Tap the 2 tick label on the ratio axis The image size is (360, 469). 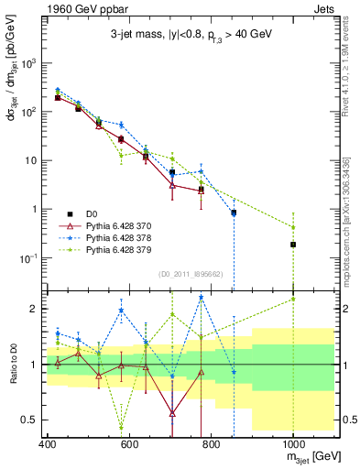click(x=34, y=309)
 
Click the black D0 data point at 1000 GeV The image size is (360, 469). click(x=293, y=245)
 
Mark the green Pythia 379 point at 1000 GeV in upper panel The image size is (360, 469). click(x=293, y=227)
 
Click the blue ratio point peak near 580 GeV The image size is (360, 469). click(x=121, y=311)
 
